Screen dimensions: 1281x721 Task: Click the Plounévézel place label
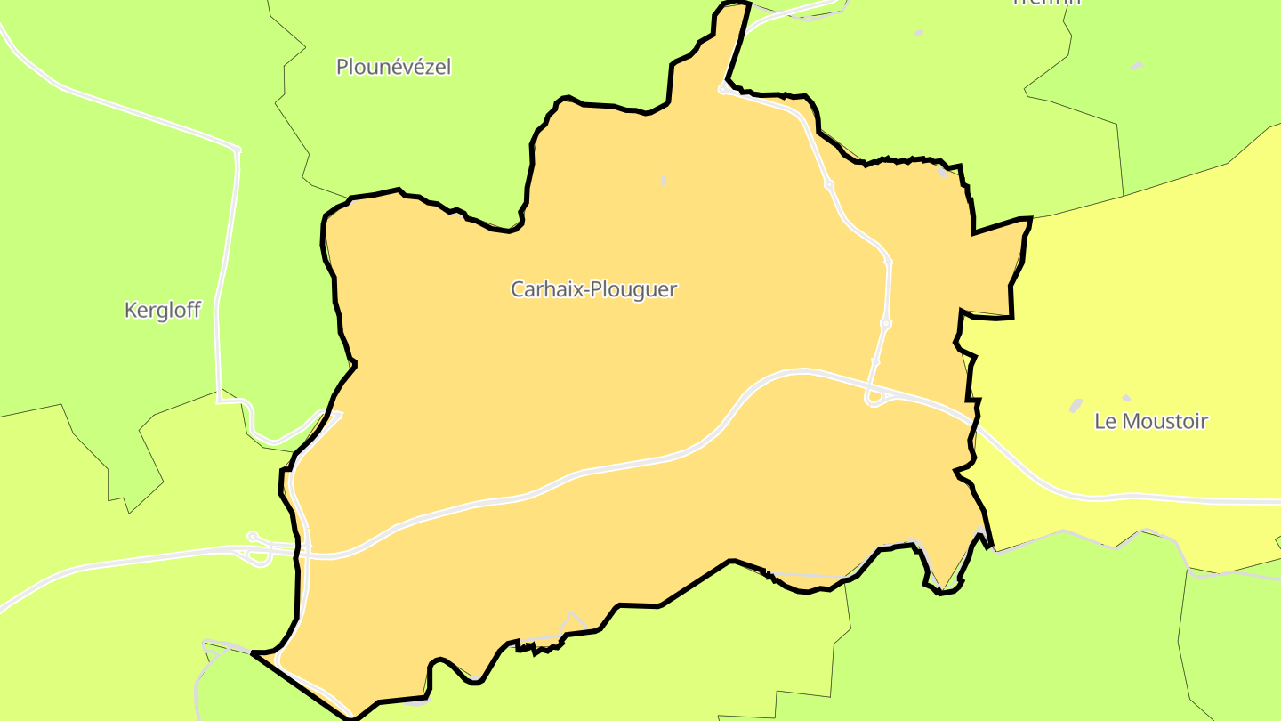coord(393,67)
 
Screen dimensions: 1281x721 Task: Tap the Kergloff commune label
coord(163,311)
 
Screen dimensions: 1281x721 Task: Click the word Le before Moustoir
coord(1105,421)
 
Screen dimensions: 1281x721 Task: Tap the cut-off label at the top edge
coord(1046,3)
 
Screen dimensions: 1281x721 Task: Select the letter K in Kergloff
coord(130,311)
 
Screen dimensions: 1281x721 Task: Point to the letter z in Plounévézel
coord(431,67)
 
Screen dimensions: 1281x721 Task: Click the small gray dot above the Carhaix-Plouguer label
coord(664,181)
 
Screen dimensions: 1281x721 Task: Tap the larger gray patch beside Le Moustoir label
coord(1075,405)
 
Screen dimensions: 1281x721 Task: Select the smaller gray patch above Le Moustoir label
coord(1126,398)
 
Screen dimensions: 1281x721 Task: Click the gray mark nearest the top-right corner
coord(1136,65)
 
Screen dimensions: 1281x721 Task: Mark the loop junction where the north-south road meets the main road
coord(874,398)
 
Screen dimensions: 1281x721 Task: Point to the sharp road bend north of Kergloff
coord(237,150)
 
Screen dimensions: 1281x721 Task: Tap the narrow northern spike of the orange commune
coord(731,36)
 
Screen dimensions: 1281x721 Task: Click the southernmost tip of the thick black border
coord(351,717)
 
